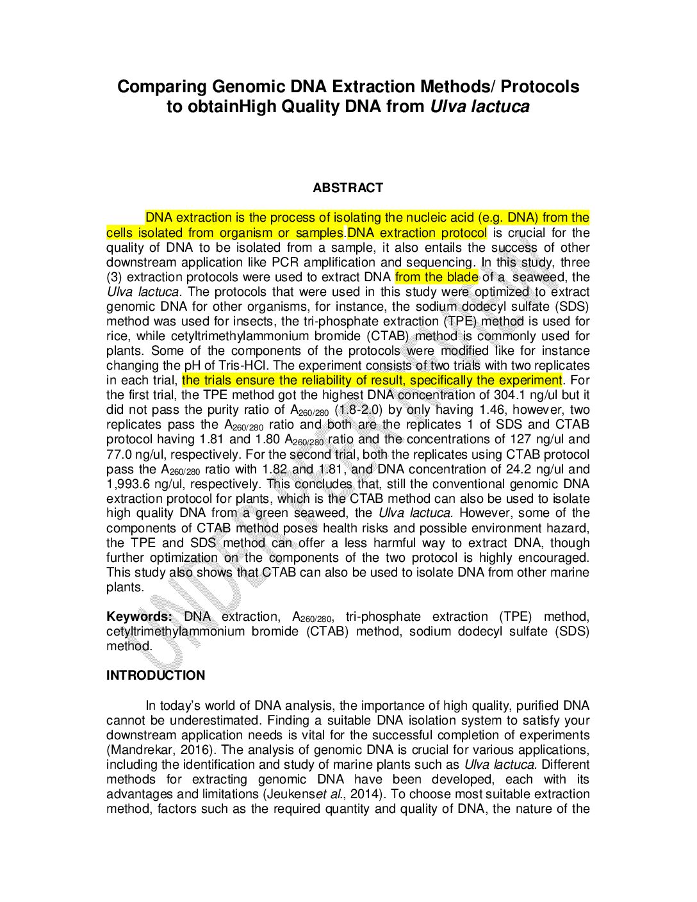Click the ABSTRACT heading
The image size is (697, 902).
(348, 188)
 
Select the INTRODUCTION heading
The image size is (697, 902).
(156, 675)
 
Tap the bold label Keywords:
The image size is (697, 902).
(138, 617)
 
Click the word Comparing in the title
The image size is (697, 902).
(161, 86)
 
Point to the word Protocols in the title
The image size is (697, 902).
(540, 86)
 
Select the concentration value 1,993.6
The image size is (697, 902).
(129, 484)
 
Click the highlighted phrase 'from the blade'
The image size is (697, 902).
(436, 277)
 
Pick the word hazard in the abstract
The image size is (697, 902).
(569, 529)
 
